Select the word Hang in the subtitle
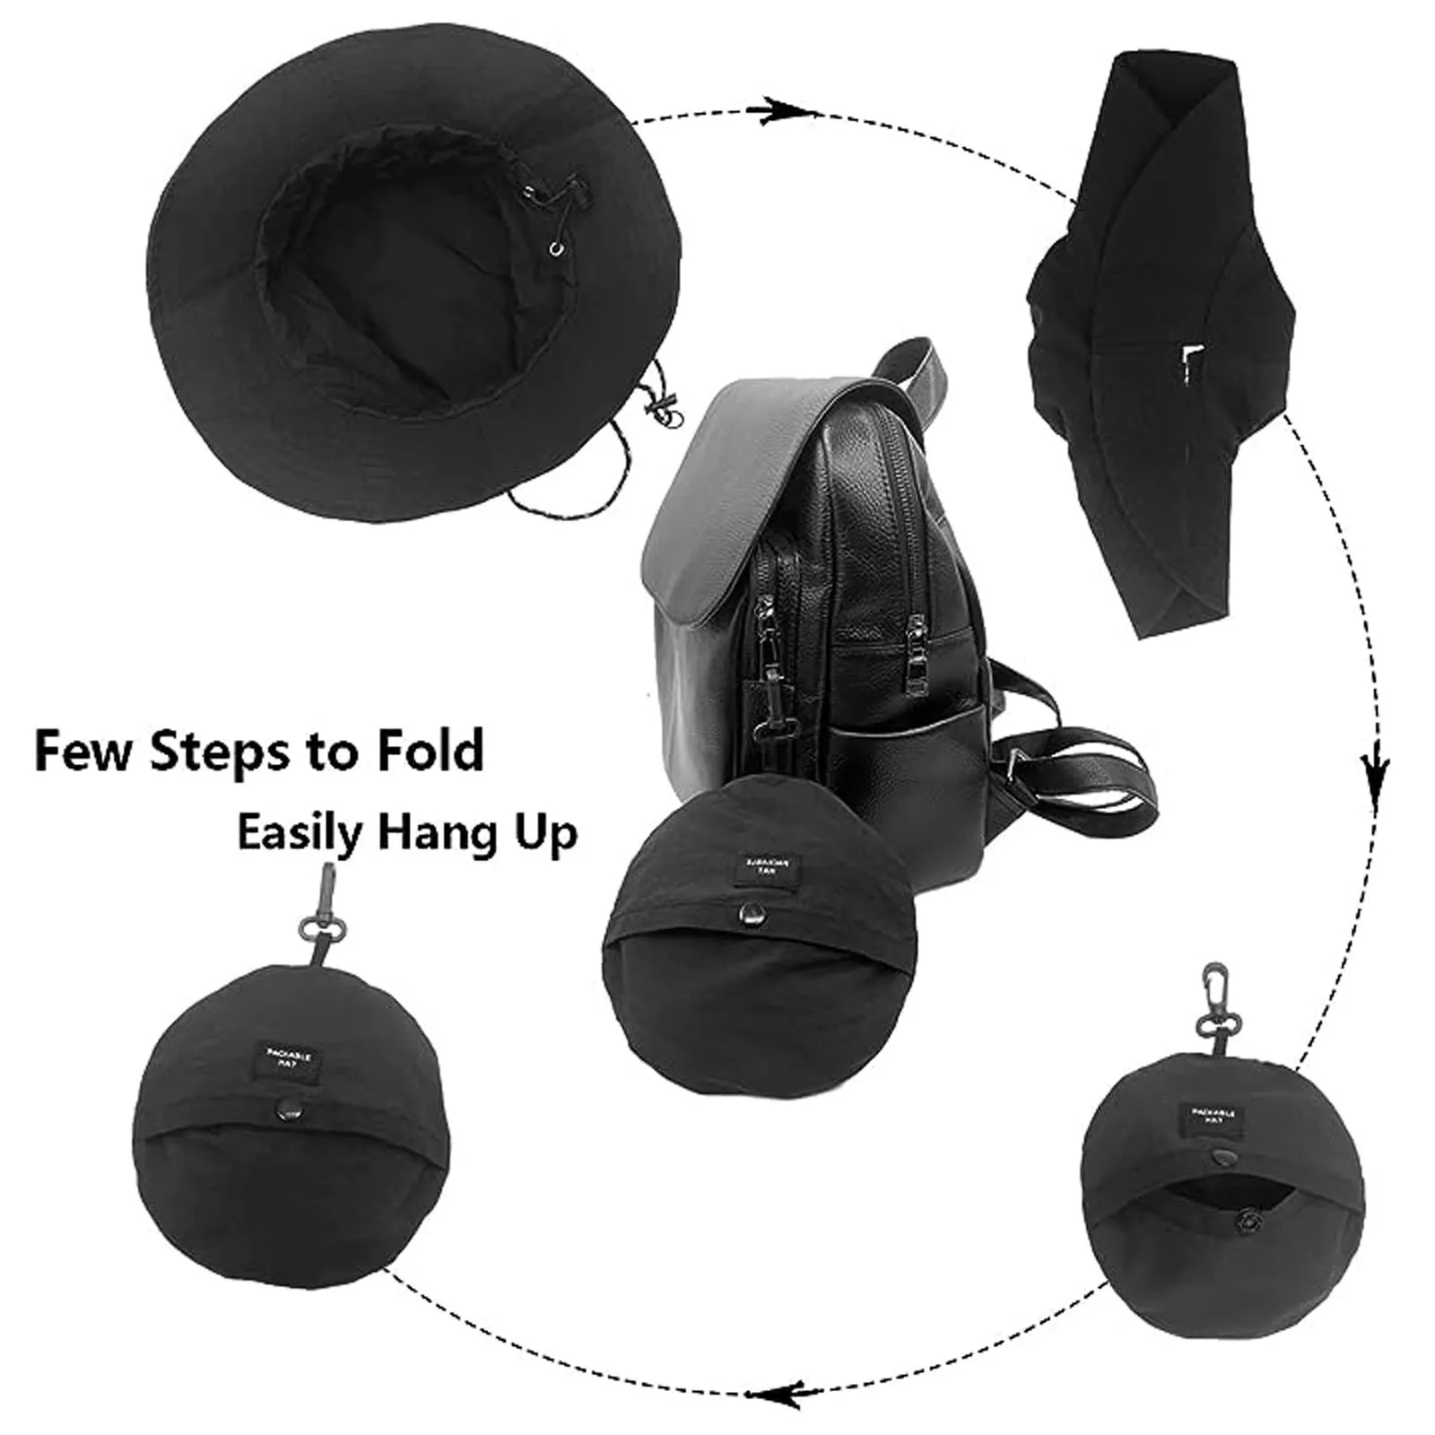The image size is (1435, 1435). [x=429, y=834]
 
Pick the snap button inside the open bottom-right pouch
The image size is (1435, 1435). [x=1248, y=1222]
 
